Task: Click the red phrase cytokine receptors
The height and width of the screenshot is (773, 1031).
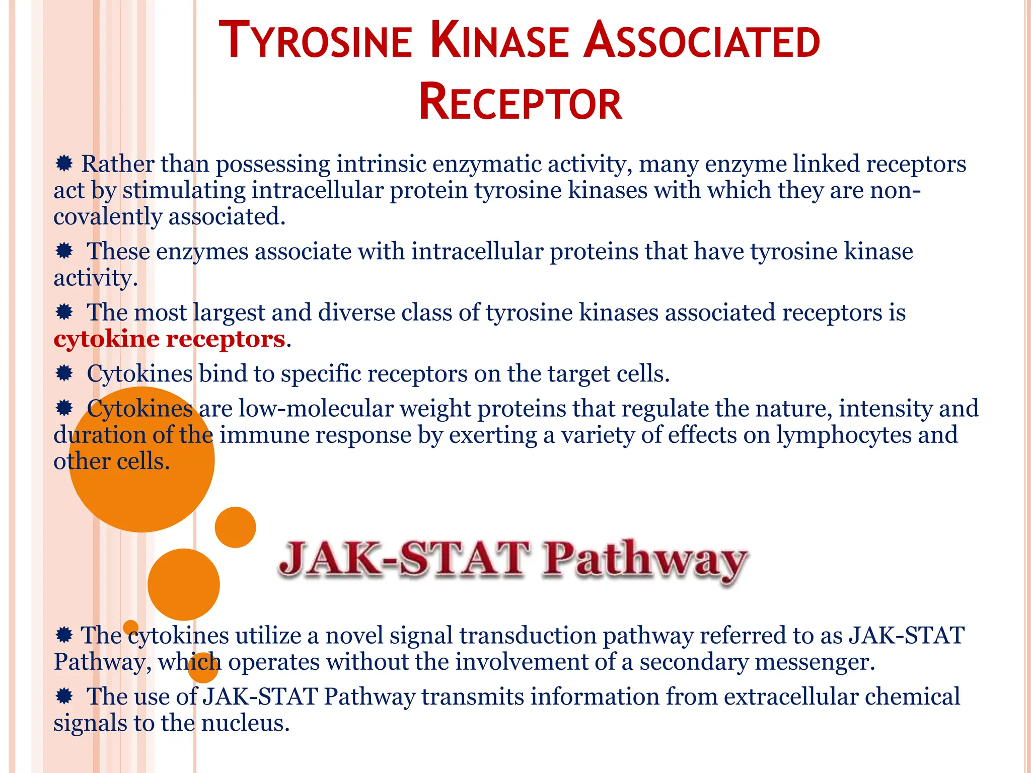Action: click(170, 339)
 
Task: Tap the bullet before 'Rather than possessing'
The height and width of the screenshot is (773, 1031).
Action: click(64, 163)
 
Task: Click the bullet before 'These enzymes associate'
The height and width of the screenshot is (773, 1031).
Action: click(64, 251)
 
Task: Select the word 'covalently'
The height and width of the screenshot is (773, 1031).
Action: click(108, 217)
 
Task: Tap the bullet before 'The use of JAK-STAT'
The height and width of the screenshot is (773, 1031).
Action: click(64, 697)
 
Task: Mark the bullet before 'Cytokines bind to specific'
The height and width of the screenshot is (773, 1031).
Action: click(64, 373)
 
